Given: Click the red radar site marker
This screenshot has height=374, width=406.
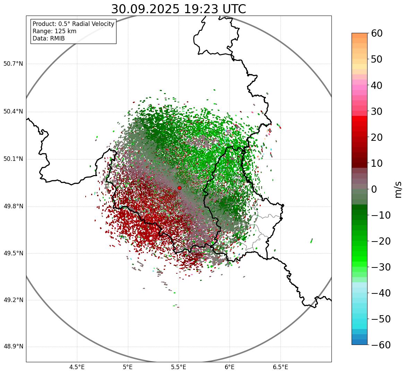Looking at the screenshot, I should [x=179, y=188].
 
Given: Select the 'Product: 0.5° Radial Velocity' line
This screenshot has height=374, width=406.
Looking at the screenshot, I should [x=73, y=24].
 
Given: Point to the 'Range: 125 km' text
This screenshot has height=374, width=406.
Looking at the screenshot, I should [x=54, y=31].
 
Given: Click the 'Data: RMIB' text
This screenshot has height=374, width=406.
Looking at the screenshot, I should [x=49, y=38].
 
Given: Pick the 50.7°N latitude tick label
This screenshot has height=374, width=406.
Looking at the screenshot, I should [x=13, y=64].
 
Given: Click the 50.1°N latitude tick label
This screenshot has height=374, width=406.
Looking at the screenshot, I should [x=13, y=159].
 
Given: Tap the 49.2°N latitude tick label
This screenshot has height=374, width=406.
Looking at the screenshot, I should [x=13, y=300].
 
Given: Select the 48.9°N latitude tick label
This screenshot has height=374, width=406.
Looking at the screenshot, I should [x=13, y=347].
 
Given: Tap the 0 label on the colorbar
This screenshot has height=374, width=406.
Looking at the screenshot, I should [x=374, y=189].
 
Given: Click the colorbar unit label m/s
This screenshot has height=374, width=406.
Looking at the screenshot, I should [x=399, y=189].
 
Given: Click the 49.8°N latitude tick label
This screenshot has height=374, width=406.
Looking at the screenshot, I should [x=13, y=207].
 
